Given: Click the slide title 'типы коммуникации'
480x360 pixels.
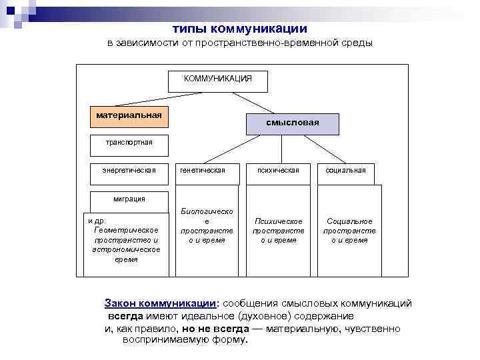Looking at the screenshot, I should [240, 29].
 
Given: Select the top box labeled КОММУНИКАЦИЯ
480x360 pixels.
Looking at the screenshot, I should [218, 79].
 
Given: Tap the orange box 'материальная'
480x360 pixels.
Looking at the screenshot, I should [129, 115].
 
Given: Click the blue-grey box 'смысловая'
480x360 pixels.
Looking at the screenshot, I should [293, 123].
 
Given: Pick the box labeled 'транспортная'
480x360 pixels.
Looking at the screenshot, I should [129, 142].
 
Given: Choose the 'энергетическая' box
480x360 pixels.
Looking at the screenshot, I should [129, 171].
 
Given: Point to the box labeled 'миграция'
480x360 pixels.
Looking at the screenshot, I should [129, 199].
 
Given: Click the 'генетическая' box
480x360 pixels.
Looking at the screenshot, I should [203, 171].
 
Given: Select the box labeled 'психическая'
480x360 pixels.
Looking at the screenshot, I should [278, 171].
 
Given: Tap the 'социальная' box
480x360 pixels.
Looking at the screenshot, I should [345, 171].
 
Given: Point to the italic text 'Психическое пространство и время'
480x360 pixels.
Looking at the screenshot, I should [278, 231].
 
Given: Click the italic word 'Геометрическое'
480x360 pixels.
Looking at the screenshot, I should [127, 229].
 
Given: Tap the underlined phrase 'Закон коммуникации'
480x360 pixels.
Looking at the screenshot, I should [159, 303].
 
